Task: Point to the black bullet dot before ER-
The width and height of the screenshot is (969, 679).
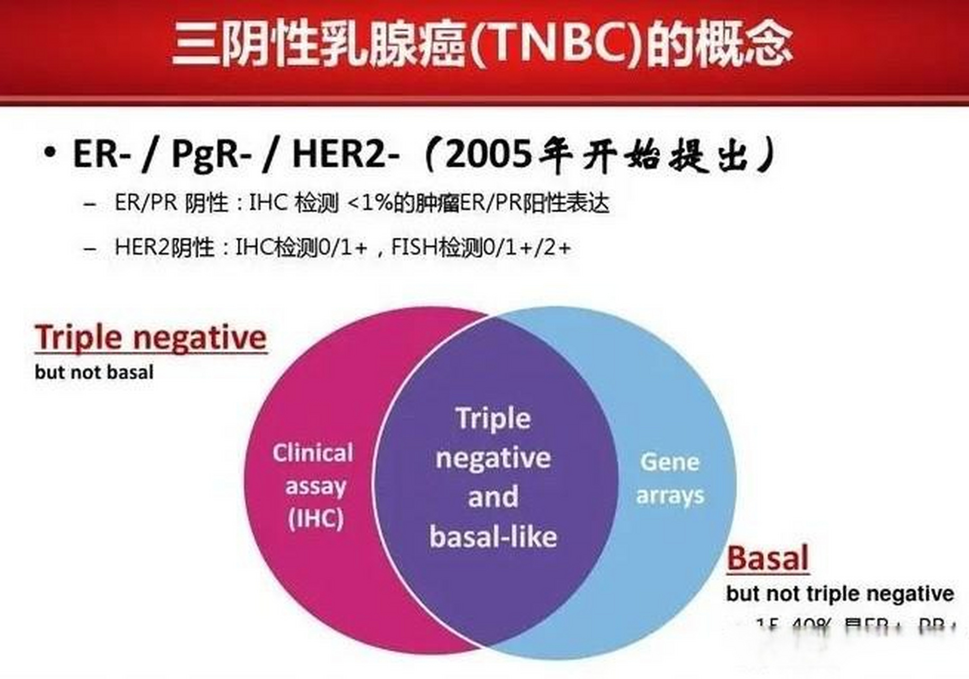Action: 50,153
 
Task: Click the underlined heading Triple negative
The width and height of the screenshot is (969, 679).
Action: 151,338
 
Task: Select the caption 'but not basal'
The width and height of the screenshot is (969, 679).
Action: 94,372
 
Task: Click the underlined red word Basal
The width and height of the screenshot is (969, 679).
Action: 767,558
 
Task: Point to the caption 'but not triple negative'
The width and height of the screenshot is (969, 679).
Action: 840,594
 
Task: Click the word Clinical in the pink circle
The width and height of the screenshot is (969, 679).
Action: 313,453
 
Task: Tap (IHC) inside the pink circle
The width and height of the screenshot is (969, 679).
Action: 316,518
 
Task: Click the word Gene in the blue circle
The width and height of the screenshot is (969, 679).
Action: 670,462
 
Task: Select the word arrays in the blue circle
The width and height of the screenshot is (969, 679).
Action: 670,496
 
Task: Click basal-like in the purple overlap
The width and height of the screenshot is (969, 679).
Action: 493,536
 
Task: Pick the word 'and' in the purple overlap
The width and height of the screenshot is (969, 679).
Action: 493,497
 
